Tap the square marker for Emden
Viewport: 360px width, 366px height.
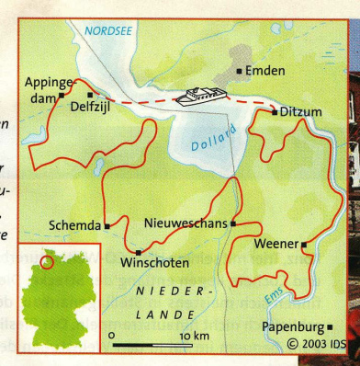pyautogui.click(x=241, y=70)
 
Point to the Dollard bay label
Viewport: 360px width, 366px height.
pyautogui.click(x=208, y=143)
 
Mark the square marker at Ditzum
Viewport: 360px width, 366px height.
pyautogui.click(x=274, y=112)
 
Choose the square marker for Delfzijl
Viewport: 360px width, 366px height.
pyautogui.click(x=89, y=94)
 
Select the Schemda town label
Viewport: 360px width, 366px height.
pyautogui.click(x=74, y=224)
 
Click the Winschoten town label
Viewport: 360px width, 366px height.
pyautogui.click(x=154, y=263)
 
